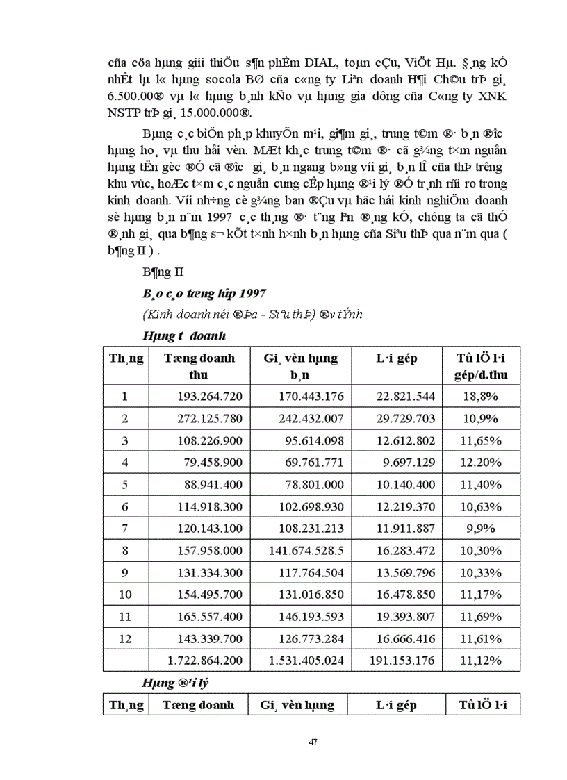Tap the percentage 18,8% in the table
tap(479, 397)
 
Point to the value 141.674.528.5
tap(306, 551)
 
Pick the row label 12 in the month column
tap(125, 638)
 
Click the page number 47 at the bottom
tap(313, 742)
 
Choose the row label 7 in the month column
tap(125, 529)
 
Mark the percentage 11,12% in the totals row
tap(479, 660)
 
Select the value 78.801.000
tap(312, 485)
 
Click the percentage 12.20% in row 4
tap(479, 463)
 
